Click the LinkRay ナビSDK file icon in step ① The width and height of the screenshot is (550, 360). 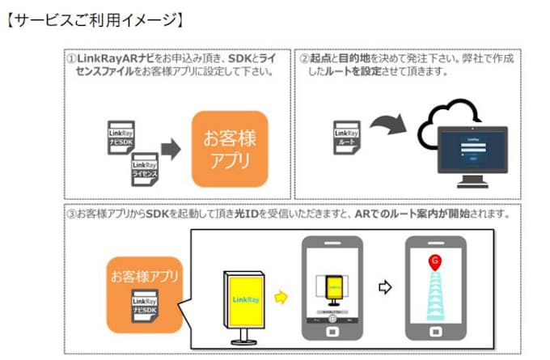121,137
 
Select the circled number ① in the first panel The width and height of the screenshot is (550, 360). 70,58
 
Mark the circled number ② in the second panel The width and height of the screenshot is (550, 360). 305,58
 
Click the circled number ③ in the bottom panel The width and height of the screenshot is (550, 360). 71,214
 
